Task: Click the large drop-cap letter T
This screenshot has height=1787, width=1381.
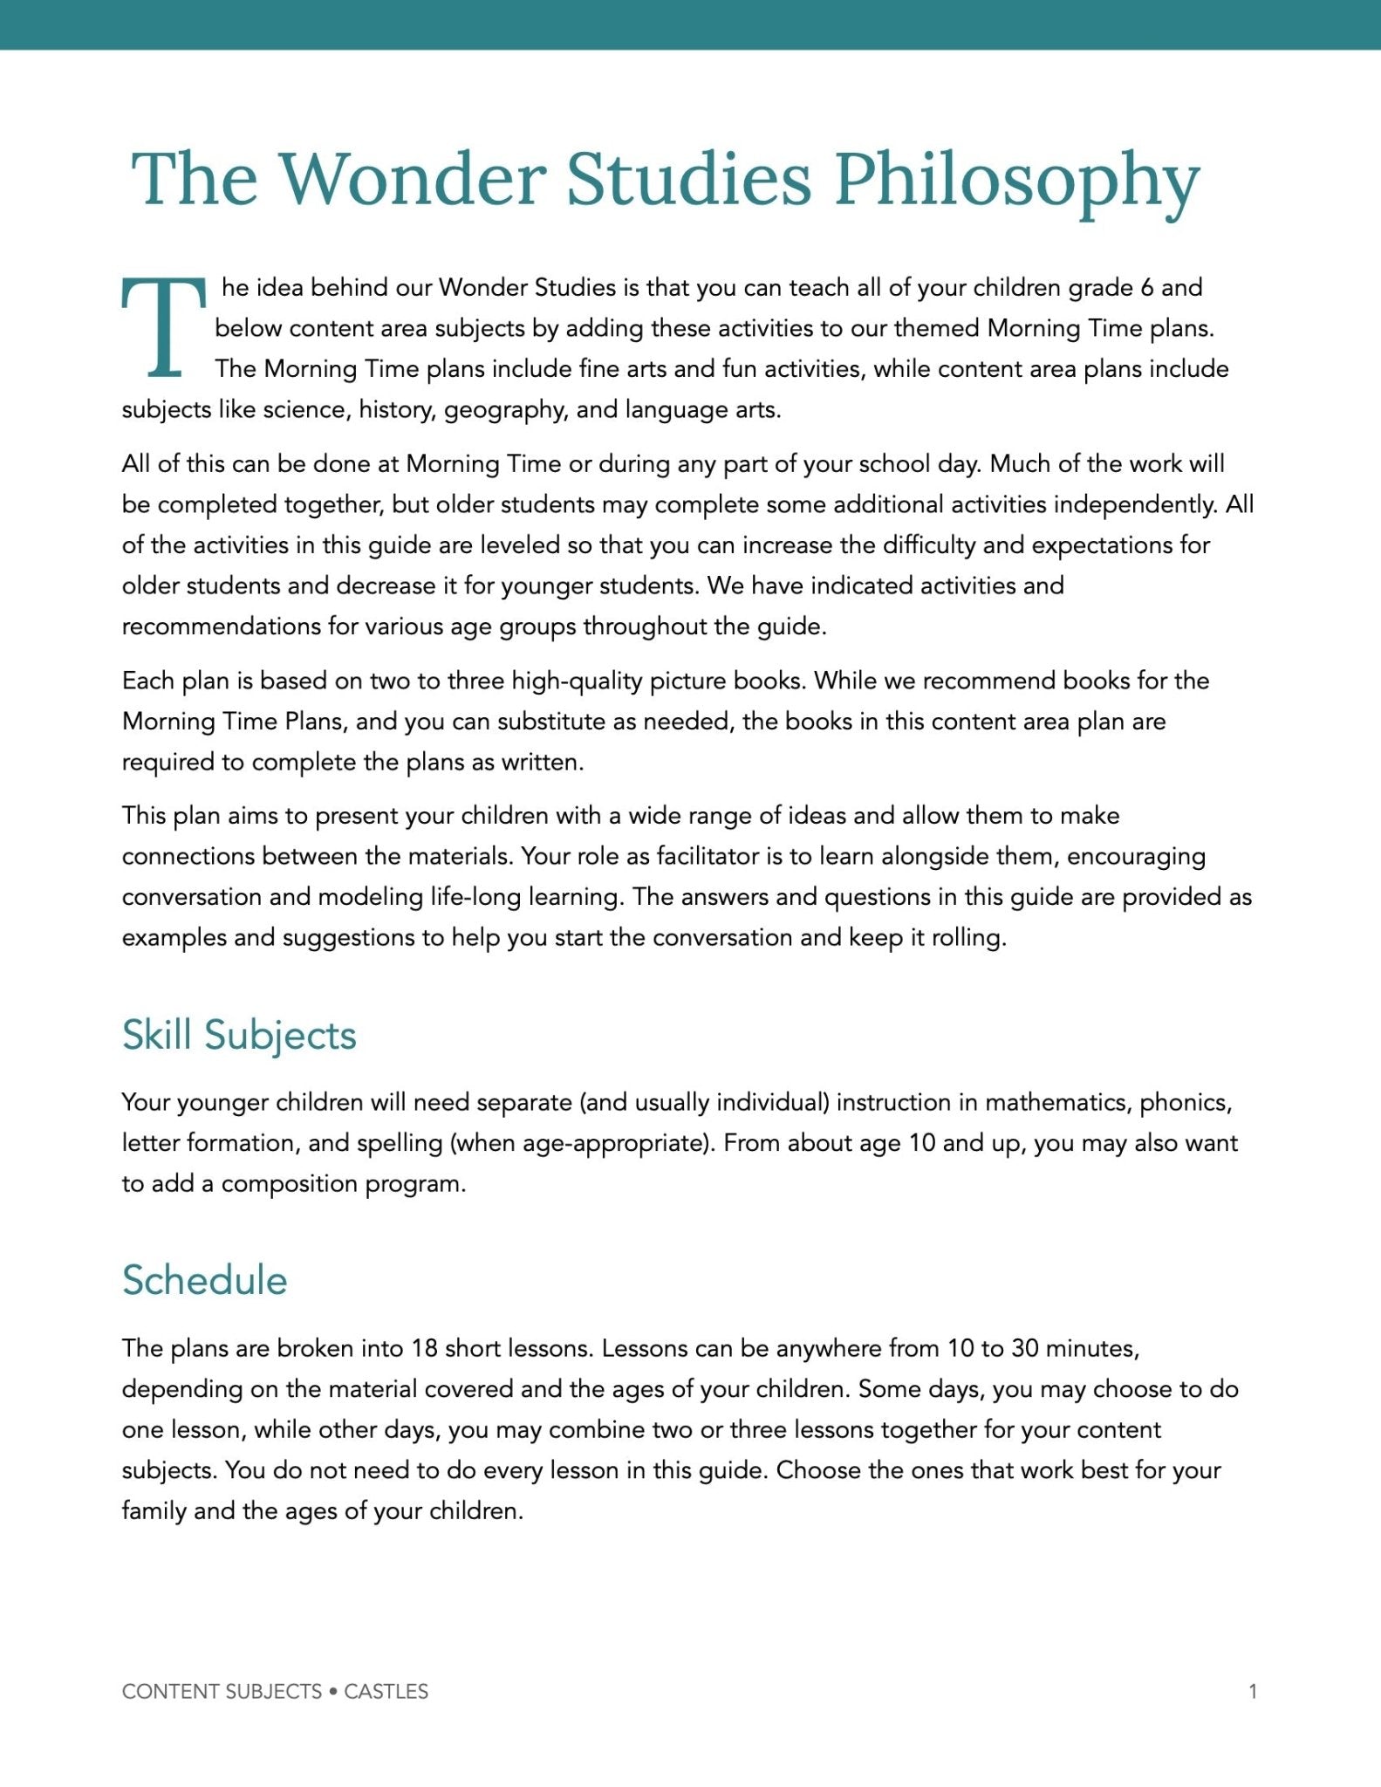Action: (163, 327)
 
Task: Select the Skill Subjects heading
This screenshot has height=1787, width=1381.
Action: (239, 1036)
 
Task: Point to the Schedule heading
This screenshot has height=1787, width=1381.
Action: (204, 1281)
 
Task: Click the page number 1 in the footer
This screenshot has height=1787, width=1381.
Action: (1253, 1692)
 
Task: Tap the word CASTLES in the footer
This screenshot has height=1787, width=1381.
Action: (386, 1692)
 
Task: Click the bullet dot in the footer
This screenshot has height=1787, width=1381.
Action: (333, 1692)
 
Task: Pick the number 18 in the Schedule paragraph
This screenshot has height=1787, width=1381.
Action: (424, 1349)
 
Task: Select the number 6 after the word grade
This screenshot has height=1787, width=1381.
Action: (1146, 288)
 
